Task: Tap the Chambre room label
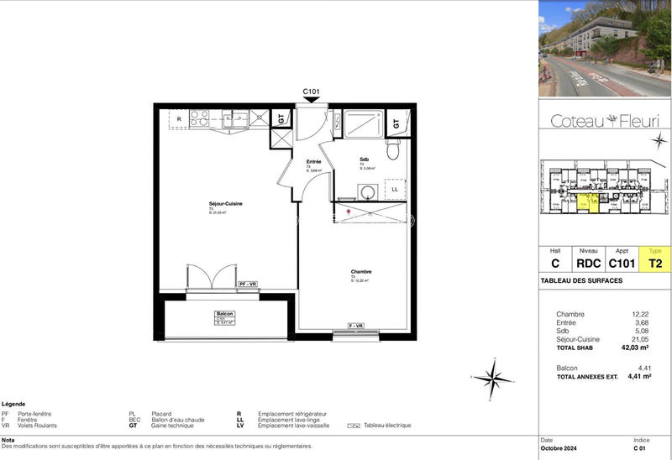click(361, 272)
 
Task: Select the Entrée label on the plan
click(313, 160)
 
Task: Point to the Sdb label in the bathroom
click(365, 159)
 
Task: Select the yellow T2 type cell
click(655, 263)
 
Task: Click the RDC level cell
click(588, 263)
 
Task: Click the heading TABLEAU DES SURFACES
click(581, 280)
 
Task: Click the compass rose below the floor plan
click(492, 379)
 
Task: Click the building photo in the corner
click(604, 48)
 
